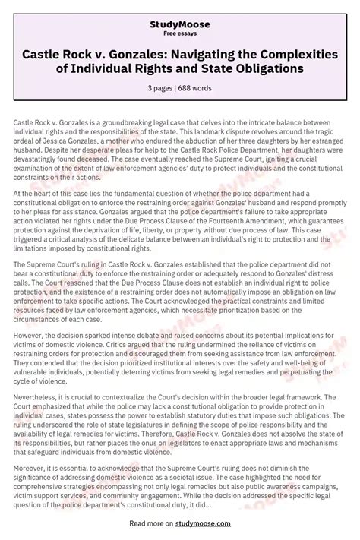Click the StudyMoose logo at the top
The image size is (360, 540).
click(180, 25)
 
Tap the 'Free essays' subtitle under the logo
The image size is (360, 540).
click(180, 35)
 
